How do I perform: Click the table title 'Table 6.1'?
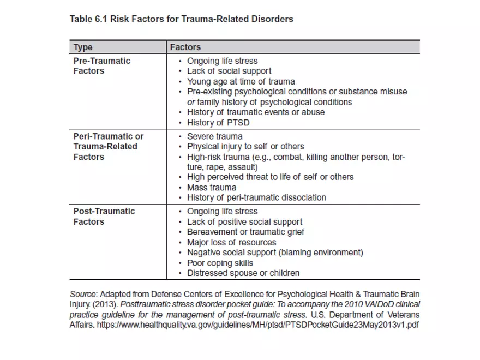89,19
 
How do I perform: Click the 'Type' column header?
83,47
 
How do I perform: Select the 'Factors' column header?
185,47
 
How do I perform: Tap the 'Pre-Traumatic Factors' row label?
101,66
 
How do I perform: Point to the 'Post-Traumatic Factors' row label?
104,217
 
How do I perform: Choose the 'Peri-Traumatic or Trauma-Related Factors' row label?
108,146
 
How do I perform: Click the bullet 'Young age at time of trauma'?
241,81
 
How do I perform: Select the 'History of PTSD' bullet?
218,123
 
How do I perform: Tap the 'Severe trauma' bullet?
215,136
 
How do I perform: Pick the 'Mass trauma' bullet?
212,187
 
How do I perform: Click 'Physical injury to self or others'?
245,146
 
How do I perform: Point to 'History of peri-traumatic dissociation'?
256,197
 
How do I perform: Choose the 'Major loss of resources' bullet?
231,242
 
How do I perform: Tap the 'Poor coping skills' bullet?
220,263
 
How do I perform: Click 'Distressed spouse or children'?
243,273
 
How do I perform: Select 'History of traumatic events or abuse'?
255,112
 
